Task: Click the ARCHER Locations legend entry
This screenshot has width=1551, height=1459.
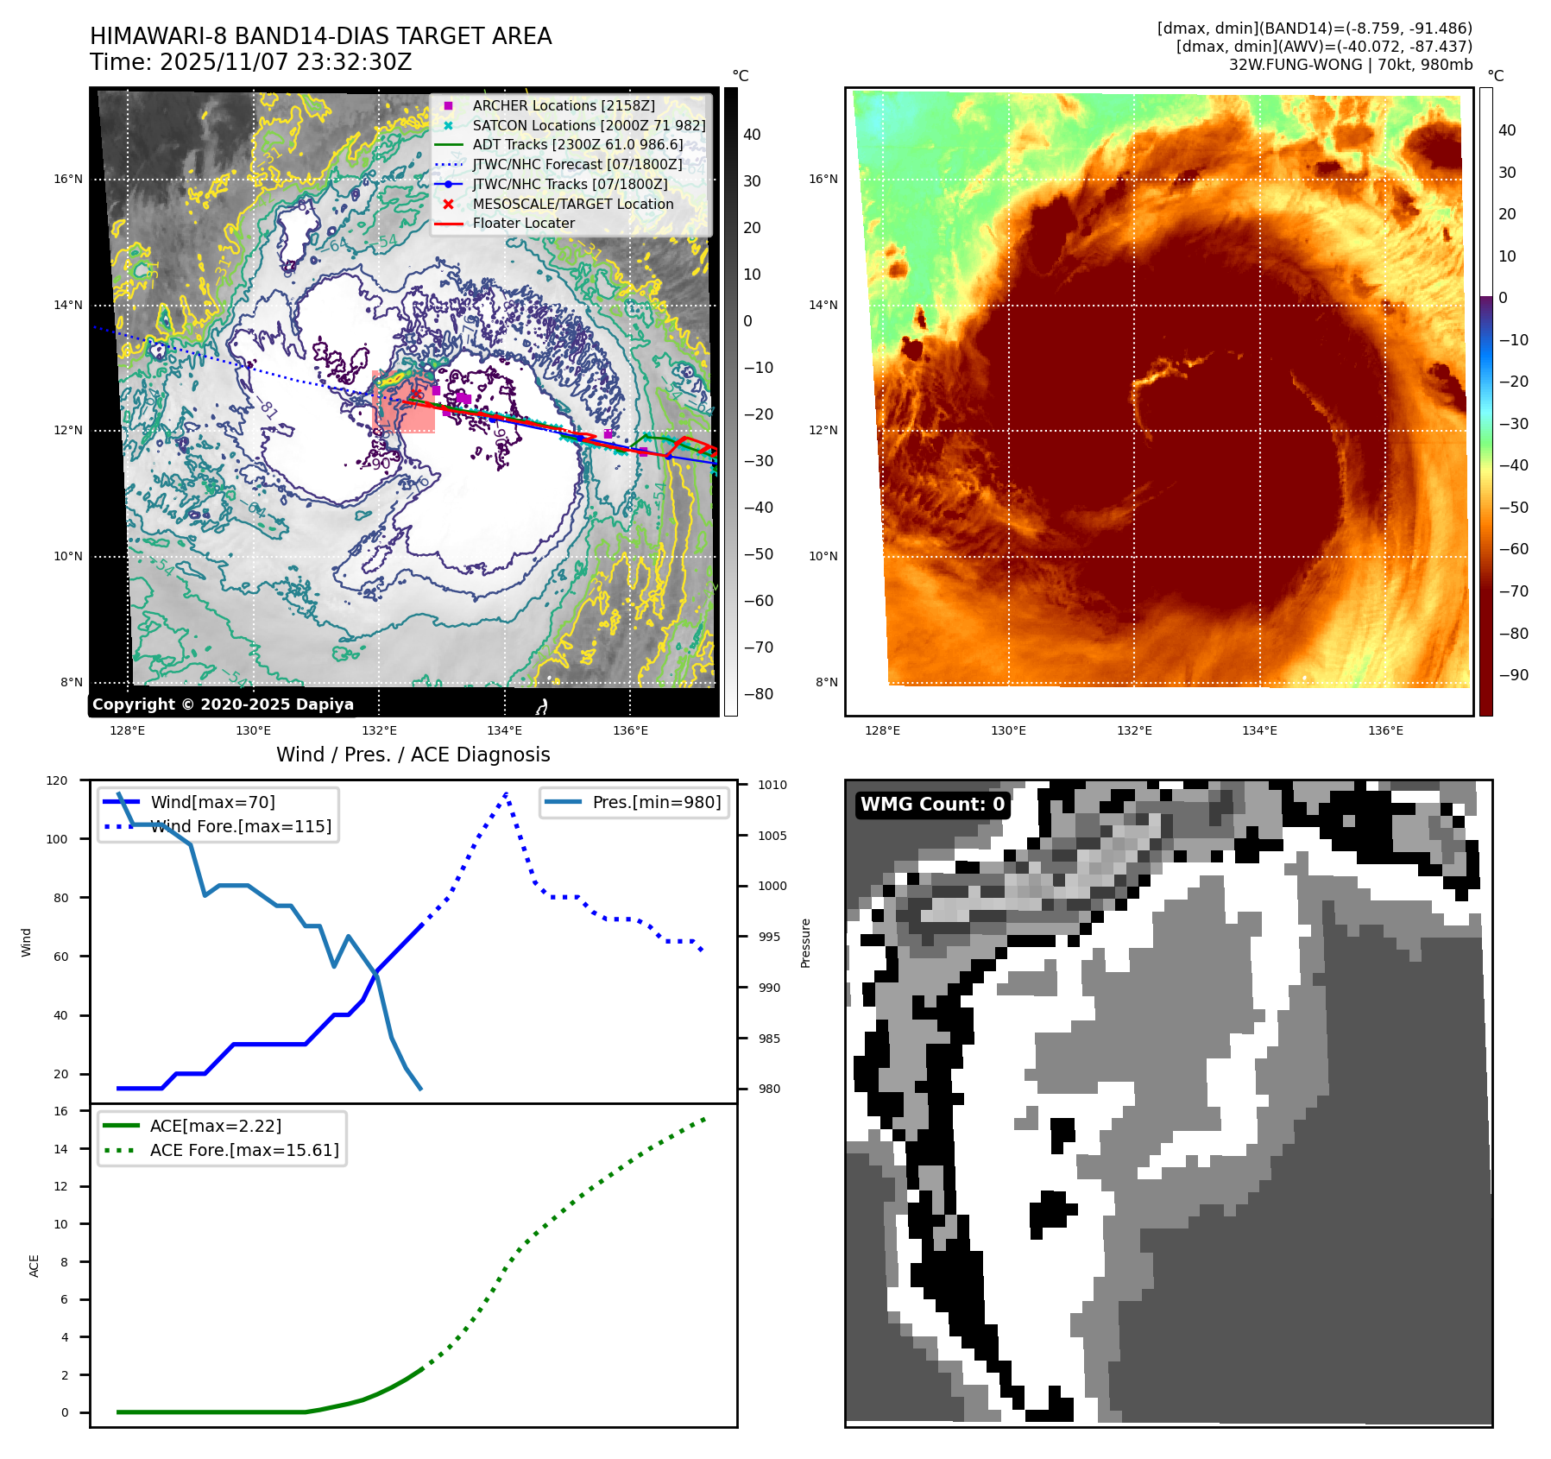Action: [563, 105]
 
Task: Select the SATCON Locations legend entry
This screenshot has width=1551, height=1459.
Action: [588, 125]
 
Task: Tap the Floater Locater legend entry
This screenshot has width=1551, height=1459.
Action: [523, 223]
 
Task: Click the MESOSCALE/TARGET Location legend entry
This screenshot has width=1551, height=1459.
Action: [572, 204]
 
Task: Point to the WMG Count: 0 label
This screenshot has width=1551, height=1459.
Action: [932, 804]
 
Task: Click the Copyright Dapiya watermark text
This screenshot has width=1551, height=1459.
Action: [223, 704]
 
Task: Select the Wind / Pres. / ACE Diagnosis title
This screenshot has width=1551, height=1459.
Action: [413, 755]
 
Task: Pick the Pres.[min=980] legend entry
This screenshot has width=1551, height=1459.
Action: [656, 802]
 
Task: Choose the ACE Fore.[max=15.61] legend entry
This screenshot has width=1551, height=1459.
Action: [243, 1150]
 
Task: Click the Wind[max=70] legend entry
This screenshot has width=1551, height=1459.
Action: [212, 802]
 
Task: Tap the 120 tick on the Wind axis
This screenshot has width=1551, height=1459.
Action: [57, 780]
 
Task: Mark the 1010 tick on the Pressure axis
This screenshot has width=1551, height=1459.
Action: [772, 785]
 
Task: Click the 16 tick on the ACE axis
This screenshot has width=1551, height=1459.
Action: [61, 1111]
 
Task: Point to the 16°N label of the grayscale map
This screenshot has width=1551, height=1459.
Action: [68, 180]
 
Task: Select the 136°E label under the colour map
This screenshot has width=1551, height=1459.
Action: [1385, 730]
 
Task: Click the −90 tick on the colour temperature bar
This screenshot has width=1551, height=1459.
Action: [1513, 675]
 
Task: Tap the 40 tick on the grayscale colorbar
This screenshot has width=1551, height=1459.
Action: [752, 135]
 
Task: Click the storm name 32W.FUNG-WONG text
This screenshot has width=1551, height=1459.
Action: [1292, 65]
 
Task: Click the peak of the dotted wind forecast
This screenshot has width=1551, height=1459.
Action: [506, 793]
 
